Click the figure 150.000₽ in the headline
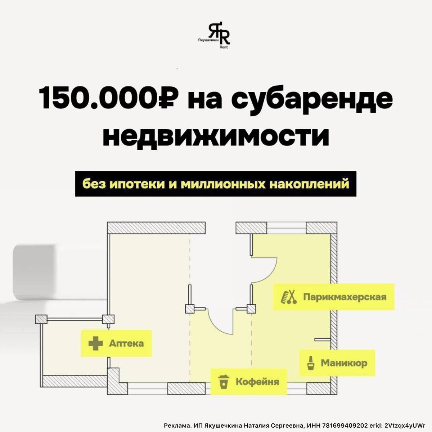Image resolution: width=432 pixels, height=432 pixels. (108, 98)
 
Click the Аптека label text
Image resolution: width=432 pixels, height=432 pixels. (126, 343)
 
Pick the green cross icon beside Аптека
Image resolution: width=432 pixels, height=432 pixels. (95, 343)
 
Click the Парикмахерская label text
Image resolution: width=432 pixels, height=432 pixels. (345, 297)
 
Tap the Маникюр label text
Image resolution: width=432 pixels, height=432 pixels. (344, 363)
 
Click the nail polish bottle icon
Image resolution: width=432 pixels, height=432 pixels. (309, 363)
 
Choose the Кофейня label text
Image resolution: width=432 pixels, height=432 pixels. (257, 382)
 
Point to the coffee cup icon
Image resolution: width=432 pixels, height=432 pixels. (224, 382)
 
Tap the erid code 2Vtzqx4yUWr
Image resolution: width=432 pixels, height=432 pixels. (405, 425)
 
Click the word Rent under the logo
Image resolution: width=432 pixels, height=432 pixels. (223, 47)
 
